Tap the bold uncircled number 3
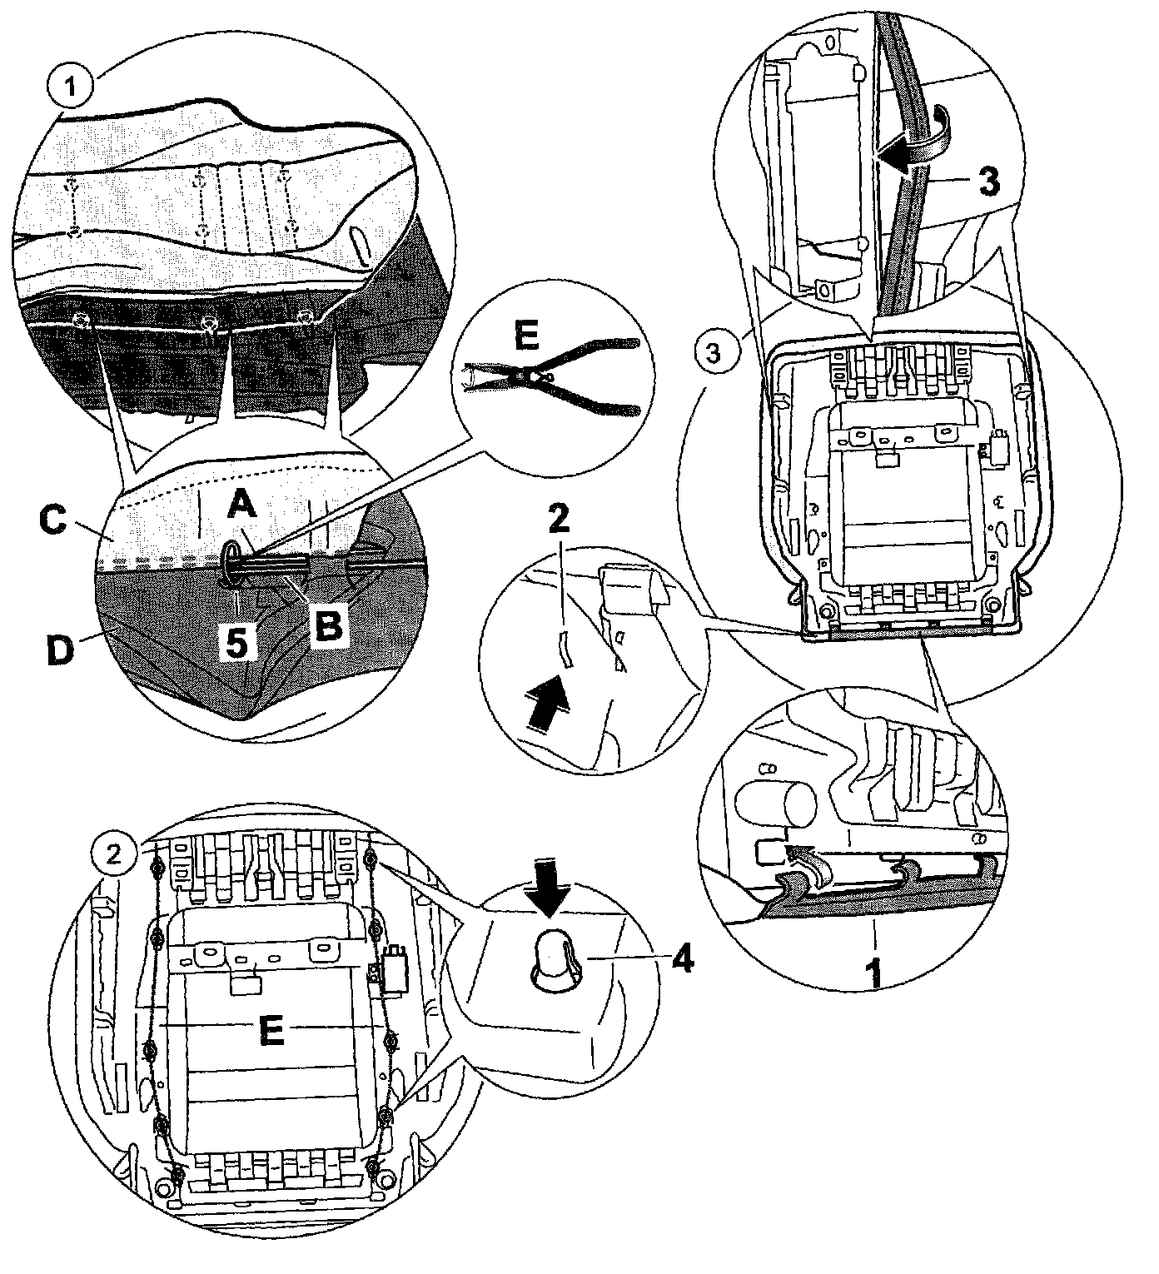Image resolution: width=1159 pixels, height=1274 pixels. [x=987, y=182]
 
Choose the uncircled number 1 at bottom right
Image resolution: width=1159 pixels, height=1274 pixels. [x=875, y=974]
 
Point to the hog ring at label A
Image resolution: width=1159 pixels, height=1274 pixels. [x=232, y=560]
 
